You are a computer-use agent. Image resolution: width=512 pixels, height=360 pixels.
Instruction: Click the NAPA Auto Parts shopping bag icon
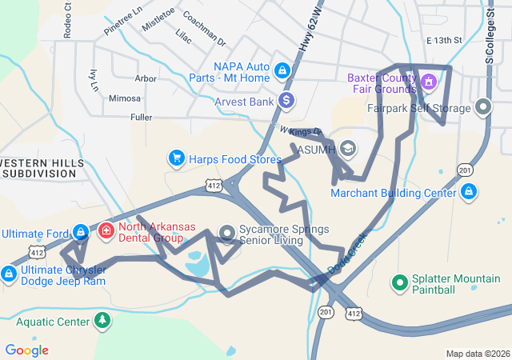pyautogui.click(x=282, y=71)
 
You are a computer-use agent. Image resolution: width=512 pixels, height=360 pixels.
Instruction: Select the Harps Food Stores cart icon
pyautogui.click(x=176, y=158)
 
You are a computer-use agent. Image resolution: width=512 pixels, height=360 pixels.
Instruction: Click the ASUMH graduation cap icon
pyautogui.click(x=348, y=148)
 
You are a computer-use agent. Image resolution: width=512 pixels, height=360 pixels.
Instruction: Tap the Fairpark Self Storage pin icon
pyautogui.click(x=482, y=106)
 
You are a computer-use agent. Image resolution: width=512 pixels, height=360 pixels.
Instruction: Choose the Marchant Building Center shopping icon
pyautogui.click(x=469, y=192)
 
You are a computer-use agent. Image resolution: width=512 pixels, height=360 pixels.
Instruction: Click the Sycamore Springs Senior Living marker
pyautogui.click(x=227, y=234)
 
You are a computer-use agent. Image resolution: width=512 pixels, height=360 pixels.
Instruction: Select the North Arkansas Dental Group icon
pyautogui.click(x=106, y=230)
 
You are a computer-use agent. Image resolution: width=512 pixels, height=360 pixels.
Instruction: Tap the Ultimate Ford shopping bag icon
pyautogui.click(x=80, y=233)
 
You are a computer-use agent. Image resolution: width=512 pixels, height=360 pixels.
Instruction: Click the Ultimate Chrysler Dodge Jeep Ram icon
pyautogui.click(x=9, y=274)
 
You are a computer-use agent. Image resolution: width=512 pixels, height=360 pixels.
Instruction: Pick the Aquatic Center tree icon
pyautogui.click(x=102, y=322)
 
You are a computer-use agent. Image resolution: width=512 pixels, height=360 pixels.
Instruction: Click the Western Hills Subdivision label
pyautogui.click(x=42, y=168)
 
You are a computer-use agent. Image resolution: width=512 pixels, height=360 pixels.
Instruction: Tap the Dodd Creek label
pyautogui.click(x=346, y=254)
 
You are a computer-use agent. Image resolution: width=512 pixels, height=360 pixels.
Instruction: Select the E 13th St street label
pyautogui.click(x=445, y=40)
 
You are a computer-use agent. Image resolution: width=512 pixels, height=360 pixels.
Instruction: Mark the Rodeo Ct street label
pyautogui.click(x=67, y=21)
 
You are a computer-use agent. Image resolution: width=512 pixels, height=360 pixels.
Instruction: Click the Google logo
pyautogui.click(x=26, y=350)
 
